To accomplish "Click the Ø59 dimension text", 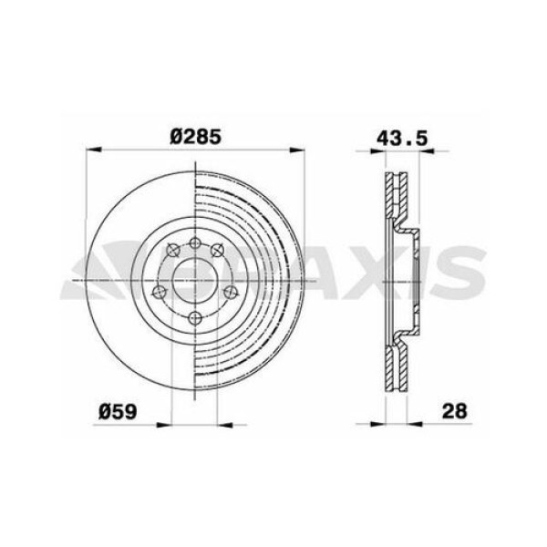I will tap(119, 411).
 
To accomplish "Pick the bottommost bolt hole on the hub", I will tap(193, 317).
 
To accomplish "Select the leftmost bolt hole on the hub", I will tap(158, 292).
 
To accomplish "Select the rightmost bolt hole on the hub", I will tap(230, 292).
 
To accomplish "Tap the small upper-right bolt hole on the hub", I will tap(216, 248).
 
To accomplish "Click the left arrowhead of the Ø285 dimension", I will tap(92, 150).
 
